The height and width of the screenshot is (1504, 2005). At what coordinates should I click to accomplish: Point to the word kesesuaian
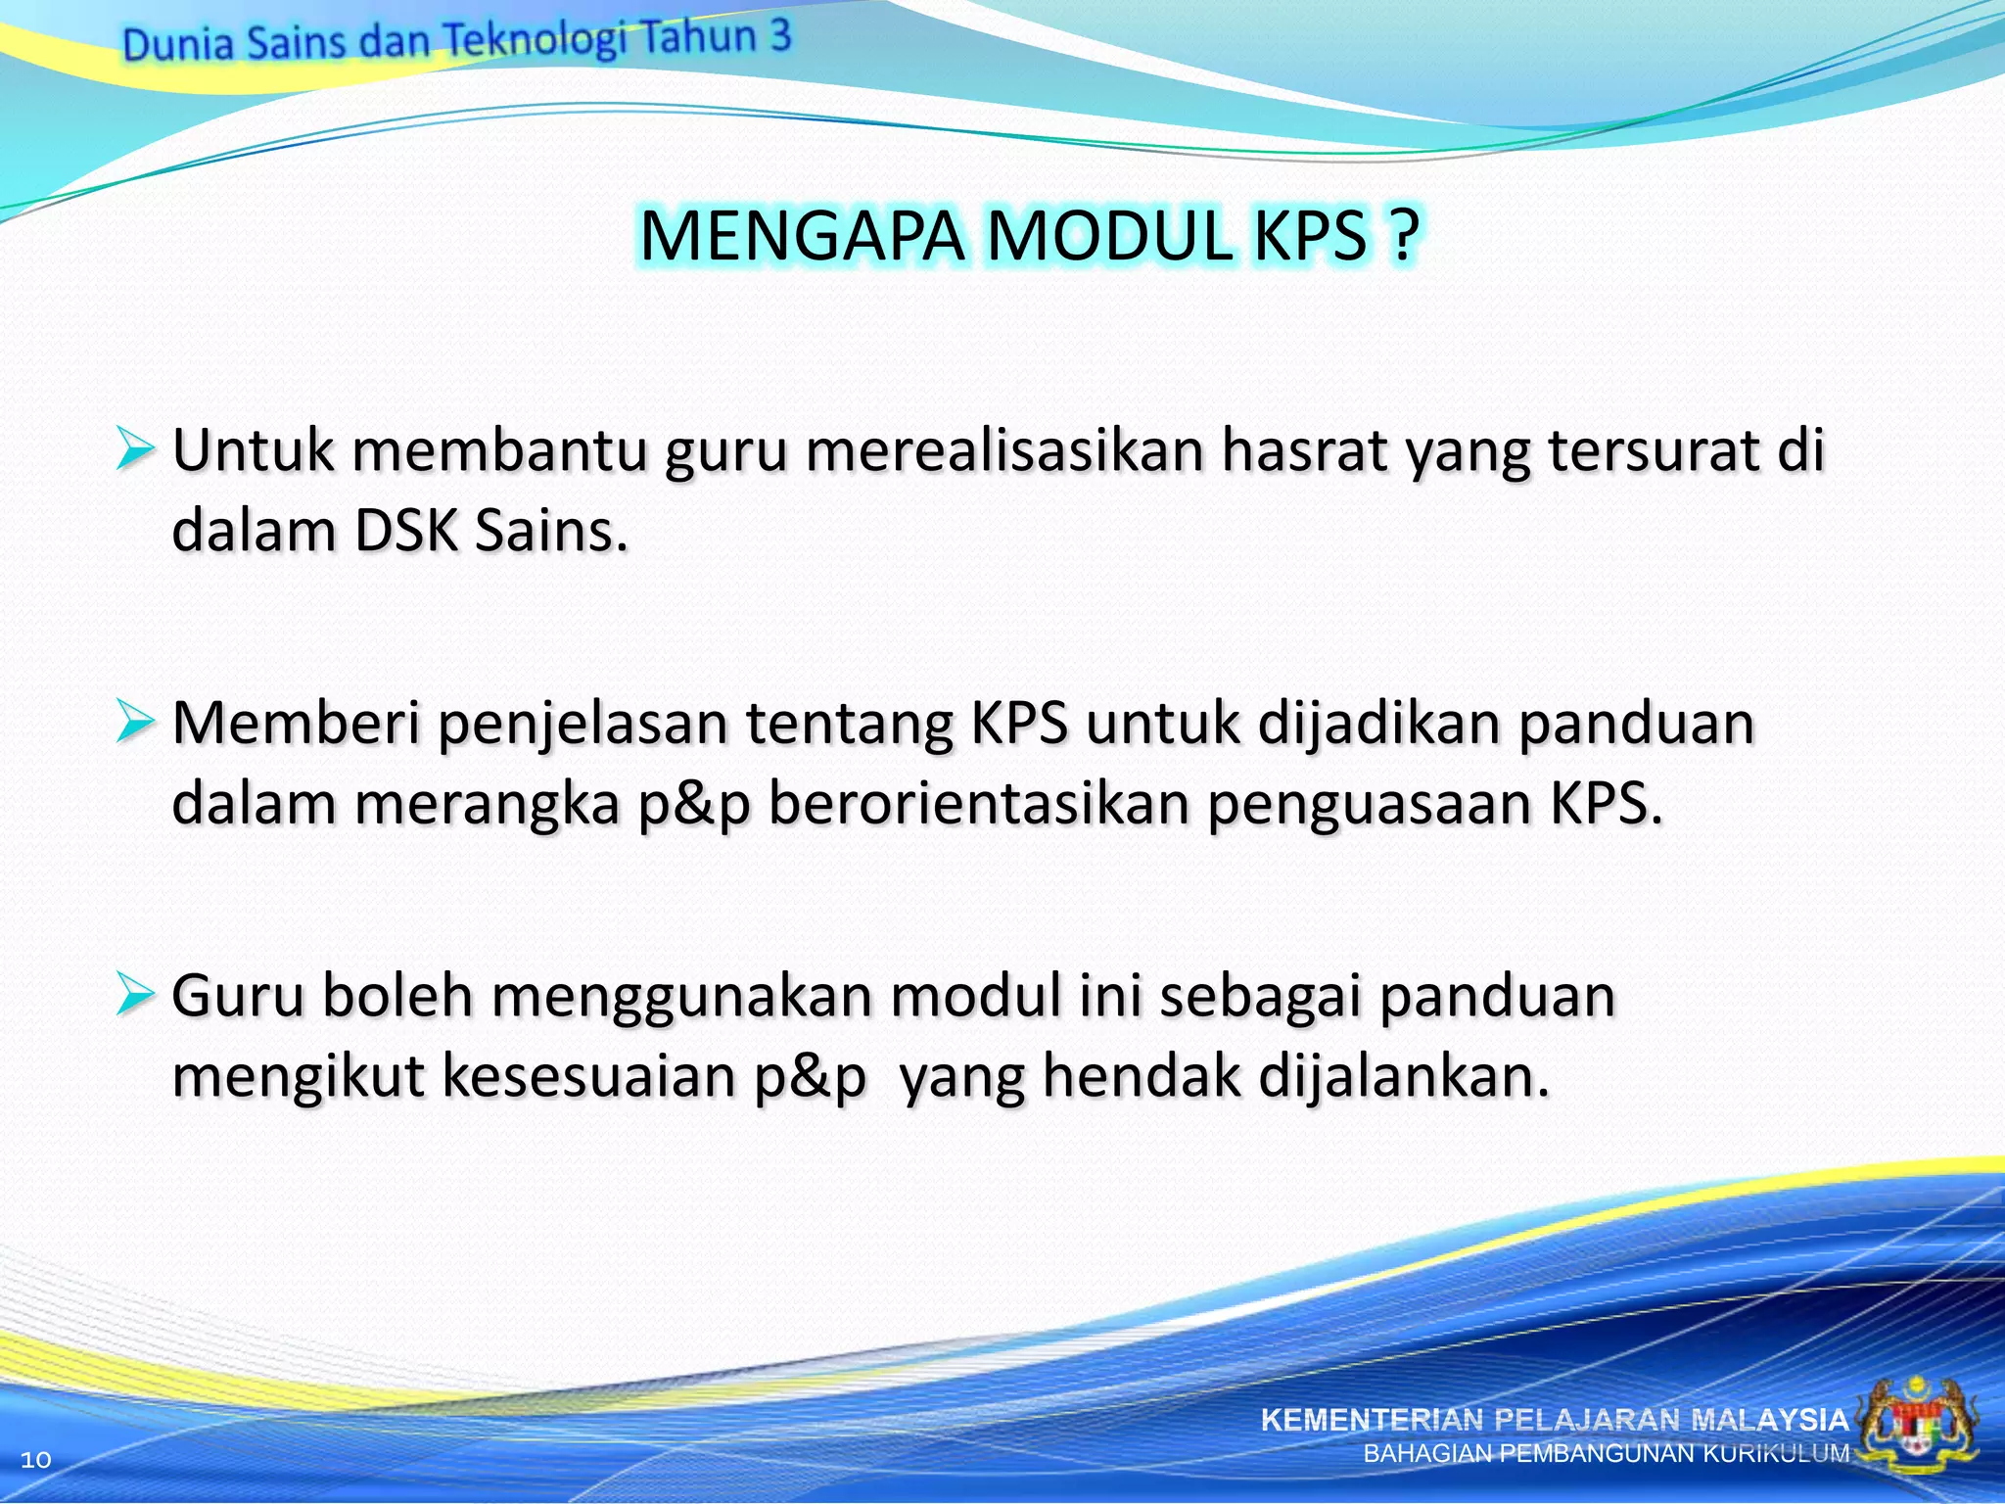point(588,1076)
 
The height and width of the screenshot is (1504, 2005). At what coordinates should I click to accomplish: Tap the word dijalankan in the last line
point(1403,1077)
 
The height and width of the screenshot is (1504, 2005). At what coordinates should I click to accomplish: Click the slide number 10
point(35,1460)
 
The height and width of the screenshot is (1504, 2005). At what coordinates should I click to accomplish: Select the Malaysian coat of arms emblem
point(1919,1427)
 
